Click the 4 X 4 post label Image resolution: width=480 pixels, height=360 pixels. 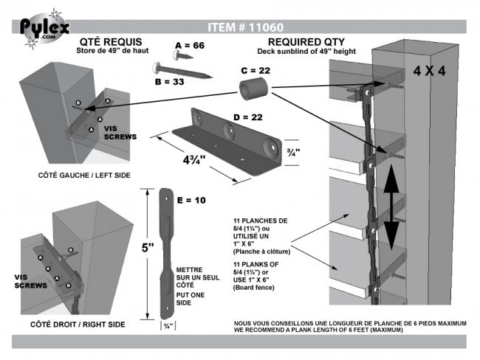point(430,72)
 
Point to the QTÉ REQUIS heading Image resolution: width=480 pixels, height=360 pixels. point(109,42)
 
